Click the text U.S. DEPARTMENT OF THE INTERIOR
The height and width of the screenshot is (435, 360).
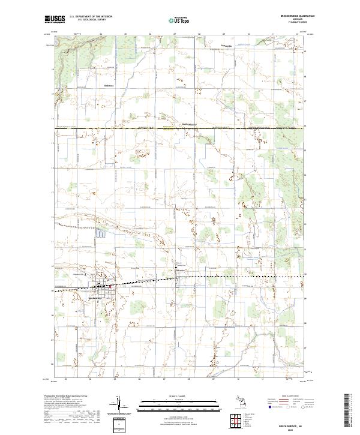pyautogui.click(x=91, y=17)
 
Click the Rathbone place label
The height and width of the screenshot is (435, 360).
pyautogui.click(x=108, y=85)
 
